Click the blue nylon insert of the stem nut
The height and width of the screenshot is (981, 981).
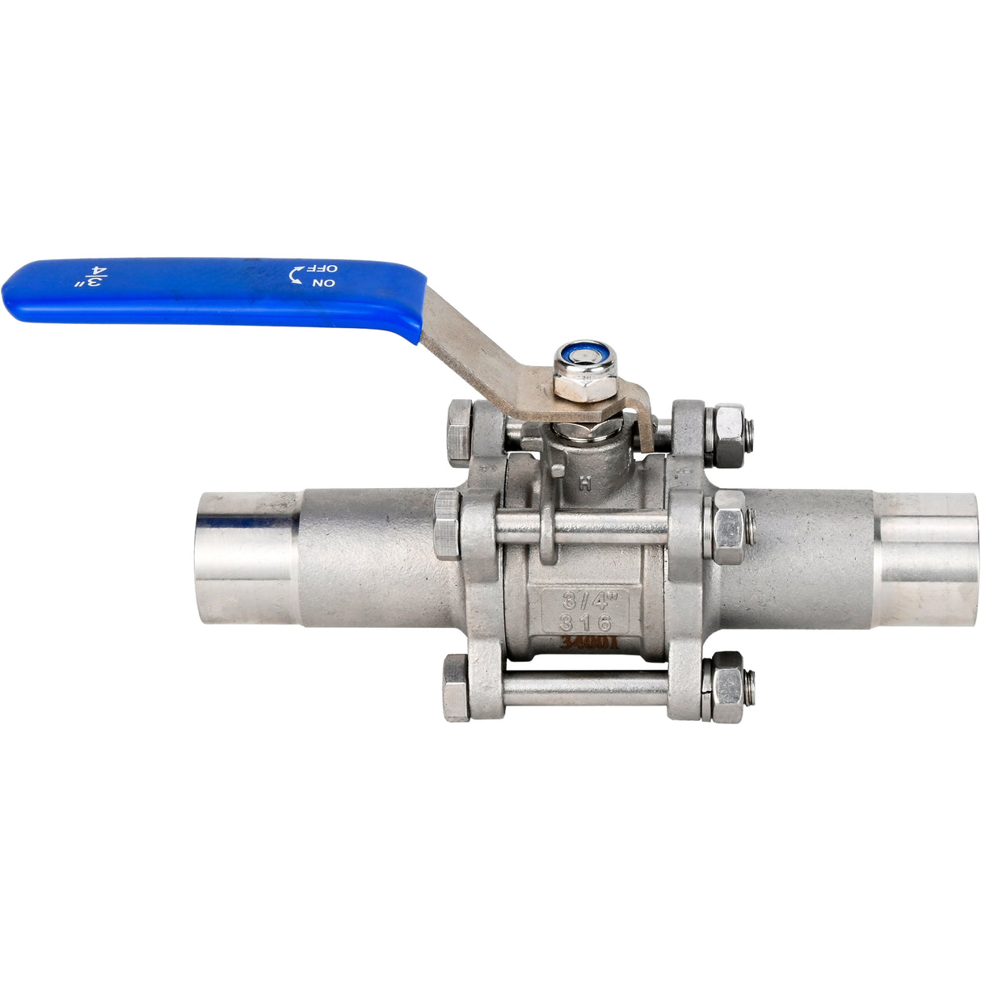(584, 355)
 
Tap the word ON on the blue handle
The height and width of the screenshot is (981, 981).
(323, 283)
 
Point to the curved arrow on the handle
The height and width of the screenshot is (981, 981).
(297, 276)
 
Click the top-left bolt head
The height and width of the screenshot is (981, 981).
(458, 433)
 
